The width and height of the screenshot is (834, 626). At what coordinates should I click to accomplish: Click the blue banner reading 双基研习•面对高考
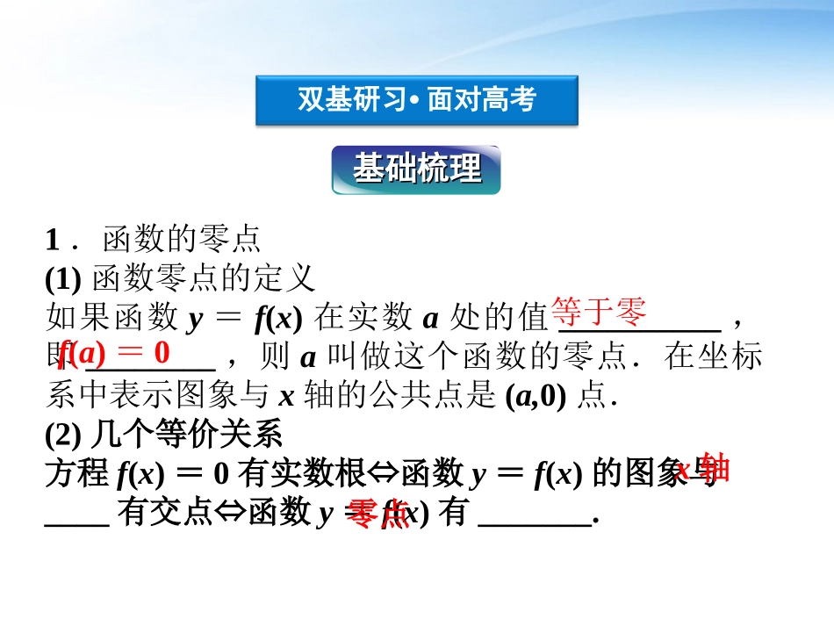416,100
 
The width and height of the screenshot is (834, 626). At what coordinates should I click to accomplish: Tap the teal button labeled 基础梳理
416,169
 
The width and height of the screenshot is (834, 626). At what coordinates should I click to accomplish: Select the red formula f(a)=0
114,353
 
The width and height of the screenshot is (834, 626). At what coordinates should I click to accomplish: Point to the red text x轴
703,470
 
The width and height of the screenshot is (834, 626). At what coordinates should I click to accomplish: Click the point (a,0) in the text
540,397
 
